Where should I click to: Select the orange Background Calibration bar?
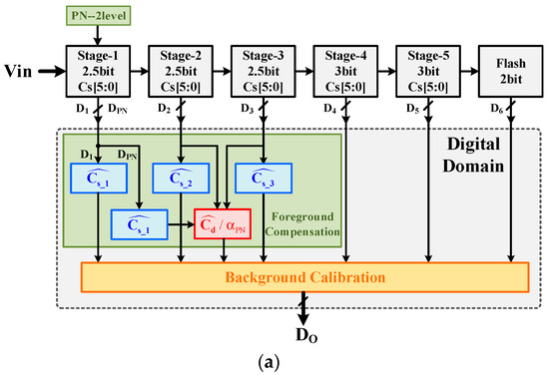tap(303, 275)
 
